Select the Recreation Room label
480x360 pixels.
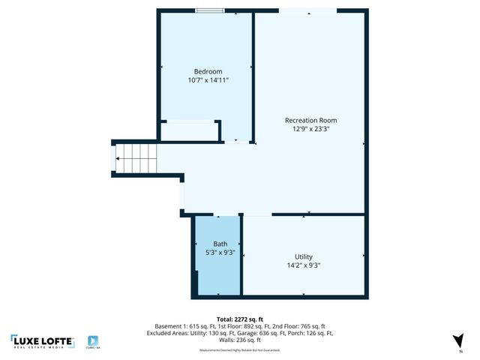(310, 120)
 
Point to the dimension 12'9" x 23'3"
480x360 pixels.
(310, 129)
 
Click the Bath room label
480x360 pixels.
(220, 244)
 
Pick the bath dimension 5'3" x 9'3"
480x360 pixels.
(220, 253)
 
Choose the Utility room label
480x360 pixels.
(304, 256)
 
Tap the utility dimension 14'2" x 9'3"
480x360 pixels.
(304, 265)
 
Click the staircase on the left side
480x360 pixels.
(137, 158)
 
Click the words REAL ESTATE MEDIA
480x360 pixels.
(43, 348)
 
